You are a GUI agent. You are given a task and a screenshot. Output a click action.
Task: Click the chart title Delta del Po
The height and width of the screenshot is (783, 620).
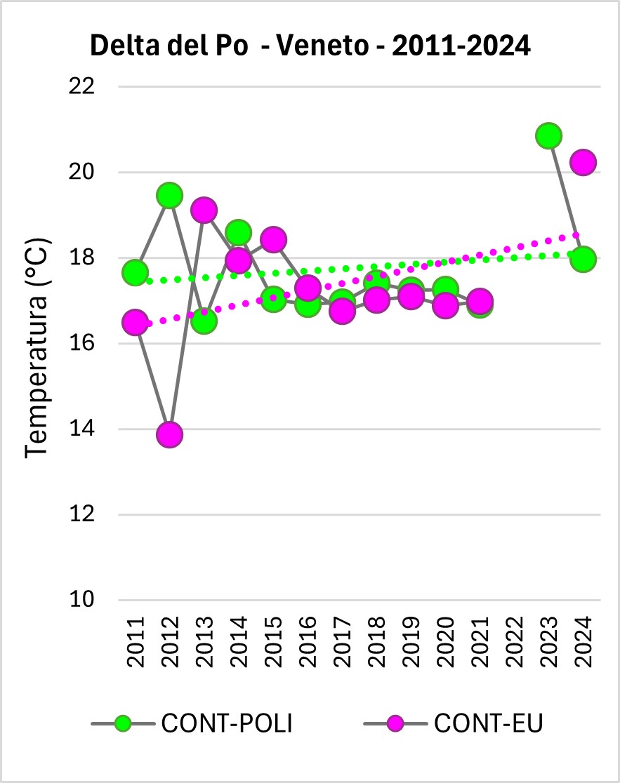coord(310,46)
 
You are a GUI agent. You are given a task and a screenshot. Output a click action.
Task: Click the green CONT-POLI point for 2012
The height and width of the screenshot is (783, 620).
coord(169,195)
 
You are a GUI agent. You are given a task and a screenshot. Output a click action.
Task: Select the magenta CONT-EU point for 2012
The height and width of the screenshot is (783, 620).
coord(169,435)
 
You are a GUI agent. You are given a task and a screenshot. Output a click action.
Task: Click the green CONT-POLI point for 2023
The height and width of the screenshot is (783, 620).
coord(548,135)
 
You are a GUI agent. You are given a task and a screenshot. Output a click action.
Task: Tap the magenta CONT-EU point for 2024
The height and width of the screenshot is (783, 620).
coord(583,162)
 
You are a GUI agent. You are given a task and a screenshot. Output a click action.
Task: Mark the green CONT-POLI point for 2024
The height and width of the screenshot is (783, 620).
coord(583,259)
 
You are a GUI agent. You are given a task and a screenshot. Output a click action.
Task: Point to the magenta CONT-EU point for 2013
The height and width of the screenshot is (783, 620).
coord(204,210)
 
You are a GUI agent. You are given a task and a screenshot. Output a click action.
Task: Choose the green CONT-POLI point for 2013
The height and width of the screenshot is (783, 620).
coord(204,321)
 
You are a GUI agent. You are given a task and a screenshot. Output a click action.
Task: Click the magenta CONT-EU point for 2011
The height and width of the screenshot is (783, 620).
coord(135,323)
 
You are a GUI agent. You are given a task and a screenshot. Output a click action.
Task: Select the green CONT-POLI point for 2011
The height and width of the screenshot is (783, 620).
coord(135,272)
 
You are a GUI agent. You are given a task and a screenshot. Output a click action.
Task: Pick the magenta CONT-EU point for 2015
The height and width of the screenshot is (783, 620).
coord(272,239)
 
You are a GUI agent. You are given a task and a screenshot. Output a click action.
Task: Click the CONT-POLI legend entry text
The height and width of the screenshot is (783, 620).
coord(226,723)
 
